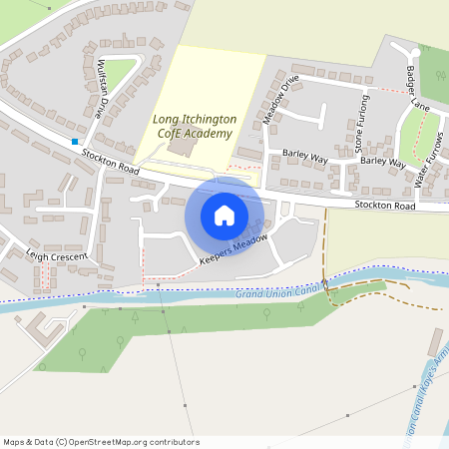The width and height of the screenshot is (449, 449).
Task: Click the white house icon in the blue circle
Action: tap(224, 215)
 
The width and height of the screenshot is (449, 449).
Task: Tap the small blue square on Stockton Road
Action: tap(74, 142)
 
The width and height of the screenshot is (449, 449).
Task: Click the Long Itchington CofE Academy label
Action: tap(195, 126)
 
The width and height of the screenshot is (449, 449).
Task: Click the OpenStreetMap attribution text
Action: tap(100, 442)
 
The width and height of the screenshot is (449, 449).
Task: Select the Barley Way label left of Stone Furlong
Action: tap(305, 157)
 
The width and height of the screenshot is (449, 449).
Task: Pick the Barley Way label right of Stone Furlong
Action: tap(382, 161)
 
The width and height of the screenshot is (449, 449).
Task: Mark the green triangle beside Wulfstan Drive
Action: tap(119, 71)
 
